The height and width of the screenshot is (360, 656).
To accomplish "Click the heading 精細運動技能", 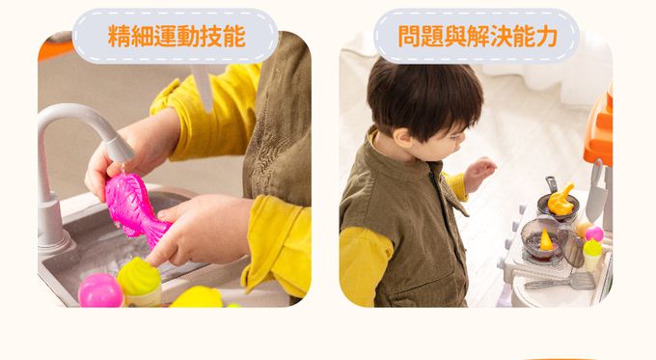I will click(x=176, y=37).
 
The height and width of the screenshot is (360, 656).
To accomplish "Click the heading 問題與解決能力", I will click(x=478, y=37).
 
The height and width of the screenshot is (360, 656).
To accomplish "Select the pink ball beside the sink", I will click(x=99, y=291).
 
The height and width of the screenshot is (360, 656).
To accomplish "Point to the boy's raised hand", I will click(x=479, y=172).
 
